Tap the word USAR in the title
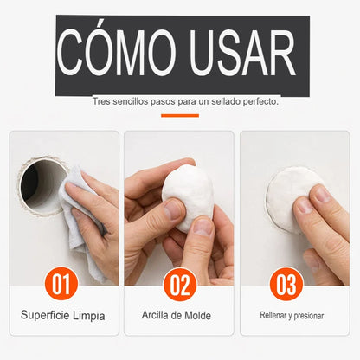pyautogui.click(x=243, y=53)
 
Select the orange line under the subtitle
pyautogui.click(x=180, y=116)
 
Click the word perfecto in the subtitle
pyautogui.click(x=260, y=102)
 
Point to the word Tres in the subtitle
pyautogui.click(x=101, y=101)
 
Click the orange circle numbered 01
pyautogui.click(x=61, y=284)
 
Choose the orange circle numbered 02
pyautogui.click(x=180, y=285)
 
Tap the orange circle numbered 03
pyautogui.click(x=286, y=285)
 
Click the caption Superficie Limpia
pyautogui.click(x=63, y=315)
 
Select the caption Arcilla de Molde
pyautogui.click(x=177, y=315)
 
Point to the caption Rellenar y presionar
pyautogui.click(x=292, y=316)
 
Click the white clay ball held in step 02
pyautogui.click(x=188, y=197)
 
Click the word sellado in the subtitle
pyautogui.click(x=225, y=101)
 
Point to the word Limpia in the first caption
pyautogui.click(x=88, y=316)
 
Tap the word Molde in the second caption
pyautogui.click(x=197, y=315)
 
